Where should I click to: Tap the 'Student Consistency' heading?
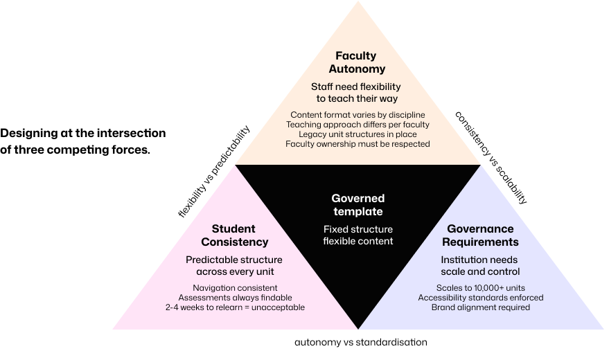pos(234,235)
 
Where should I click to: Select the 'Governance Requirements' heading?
pos(480,235)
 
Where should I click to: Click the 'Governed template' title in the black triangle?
pos(358,205)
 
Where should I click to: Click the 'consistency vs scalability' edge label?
pos(491,159)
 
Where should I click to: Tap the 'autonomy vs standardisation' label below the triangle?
pos(361,342)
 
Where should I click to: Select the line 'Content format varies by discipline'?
pos(358,114)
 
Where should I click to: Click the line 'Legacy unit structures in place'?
pos(358,134)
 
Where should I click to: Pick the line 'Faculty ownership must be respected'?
pos(358,144)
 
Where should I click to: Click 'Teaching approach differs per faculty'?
pos(358,124)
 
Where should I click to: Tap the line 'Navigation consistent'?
pos(234,287)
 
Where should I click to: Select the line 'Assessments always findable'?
pos(234,297)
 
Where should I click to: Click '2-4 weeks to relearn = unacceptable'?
pos(234,307)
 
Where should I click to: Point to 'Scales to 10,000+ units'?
pos(480,287)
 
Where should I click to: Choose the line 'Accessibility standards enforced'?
pos(480,297)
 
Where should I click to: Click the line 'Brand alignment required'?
pos(480,307)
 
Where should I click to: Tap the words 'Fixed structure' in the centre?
pos(358,229)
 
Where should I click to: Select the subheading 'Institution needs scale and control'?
pos(480,265)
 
